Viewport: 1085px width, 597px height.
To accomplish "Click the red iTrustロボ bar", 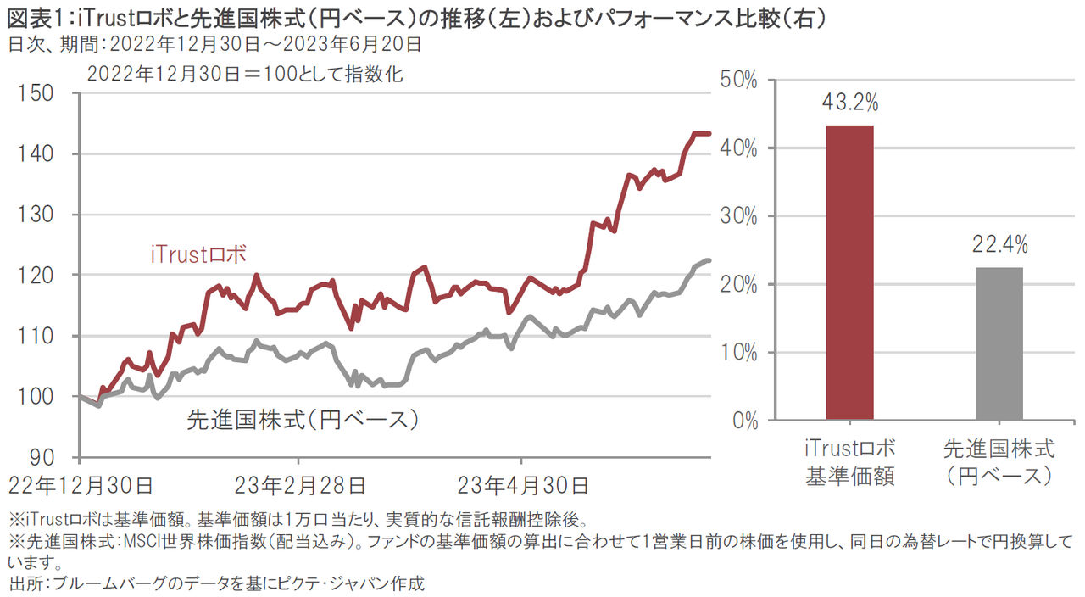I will (x=849, y=272).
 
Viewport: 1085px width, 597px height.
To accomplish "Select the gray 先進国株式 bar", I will (x=999, y=343).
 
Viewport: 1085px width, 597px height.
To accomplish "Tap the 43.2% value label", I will (x=849, y=103).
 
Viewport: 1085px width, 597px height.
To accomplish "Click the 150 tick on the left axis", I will (x=40, y=93).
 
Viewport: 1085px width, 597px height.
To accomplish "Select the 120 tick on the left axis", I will (x=40, y=276).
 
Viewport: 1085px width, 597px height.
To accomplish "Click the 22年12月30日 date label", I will (x=81, y=486).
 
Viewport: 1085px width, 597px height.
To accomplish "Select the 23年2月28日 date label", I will (x=300, y=486).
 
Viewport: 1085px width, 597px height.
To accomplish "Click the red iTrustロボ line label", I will (x=198, y=254).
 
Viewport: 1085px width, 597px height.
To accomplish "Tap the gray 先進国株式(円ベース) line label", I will (x=303, y=419).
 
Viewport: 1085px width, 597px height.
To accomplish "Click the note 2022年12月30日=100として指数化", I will (x=246, y=74).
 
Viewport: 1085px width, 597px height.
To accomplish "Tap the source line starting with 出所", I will (x=216, y=584).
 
